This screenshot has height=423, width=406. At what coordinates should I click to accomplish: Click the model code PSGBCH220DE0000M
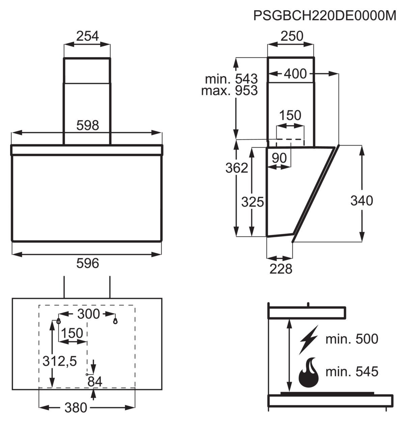point(325,16)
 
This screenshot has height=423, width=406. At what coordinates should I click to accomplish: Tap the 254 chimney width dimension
point(87,36)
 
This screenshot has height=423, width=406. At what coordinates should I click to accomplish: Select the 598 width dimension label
point(87,125)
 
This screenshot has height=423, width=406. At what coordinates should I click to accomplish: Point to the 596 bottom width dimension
point(87,263)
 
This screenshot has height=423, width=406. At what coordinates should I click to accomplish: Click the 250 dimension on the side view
point(292,36)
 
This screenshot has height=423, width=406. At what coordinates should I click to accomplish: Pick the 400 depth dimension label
point(295,74)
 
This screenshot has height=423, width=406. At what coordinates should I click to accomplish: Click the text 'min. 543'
point(232,79)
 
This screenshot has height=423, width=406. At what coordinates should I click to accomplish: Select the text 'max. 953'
point(229,90)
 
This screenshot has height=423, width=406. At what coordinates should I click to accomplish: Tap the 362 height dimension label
point(237,168)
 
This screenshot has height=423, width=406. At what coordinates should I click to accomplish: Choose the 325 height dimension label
point(252,202)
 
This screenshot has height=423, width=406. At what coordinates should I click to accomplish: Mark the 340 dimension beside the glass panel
point(362,201)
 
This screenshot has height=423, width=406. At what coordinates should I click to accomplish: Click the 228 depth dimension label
point(281,269)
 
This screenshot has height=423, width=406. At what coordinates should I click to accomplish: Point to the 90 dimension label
point(279,158)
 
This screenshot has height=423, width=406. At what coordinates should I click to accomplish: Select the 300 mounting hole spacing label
point(89,314)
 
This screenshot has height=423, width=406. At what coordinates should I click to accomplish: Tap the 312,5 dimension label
point(60,361)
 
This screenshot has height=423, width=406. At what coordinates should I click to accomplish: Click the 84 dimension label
point(95,382)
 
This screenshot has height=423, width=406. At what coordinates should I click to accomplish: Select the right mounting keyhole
point(115,321)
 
